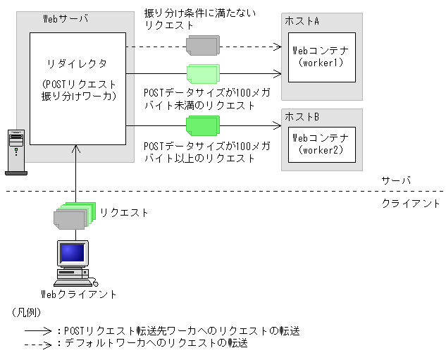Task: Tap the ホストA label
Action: click(302, 22)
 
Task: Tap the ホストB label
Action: click(302, 116)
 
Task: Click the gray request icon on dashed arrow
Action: click(202, 46)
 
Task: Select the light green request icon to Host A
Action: click(202, 74)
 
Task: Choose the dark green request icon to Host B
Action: click(202, 127)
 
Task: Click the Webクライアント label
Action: click(78, 294)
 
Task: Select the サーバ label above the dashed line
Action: click(392, 180)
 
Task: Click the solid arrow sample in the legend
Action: click(39, 331)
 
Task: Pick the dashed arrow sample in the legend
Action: click(39, 345)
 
